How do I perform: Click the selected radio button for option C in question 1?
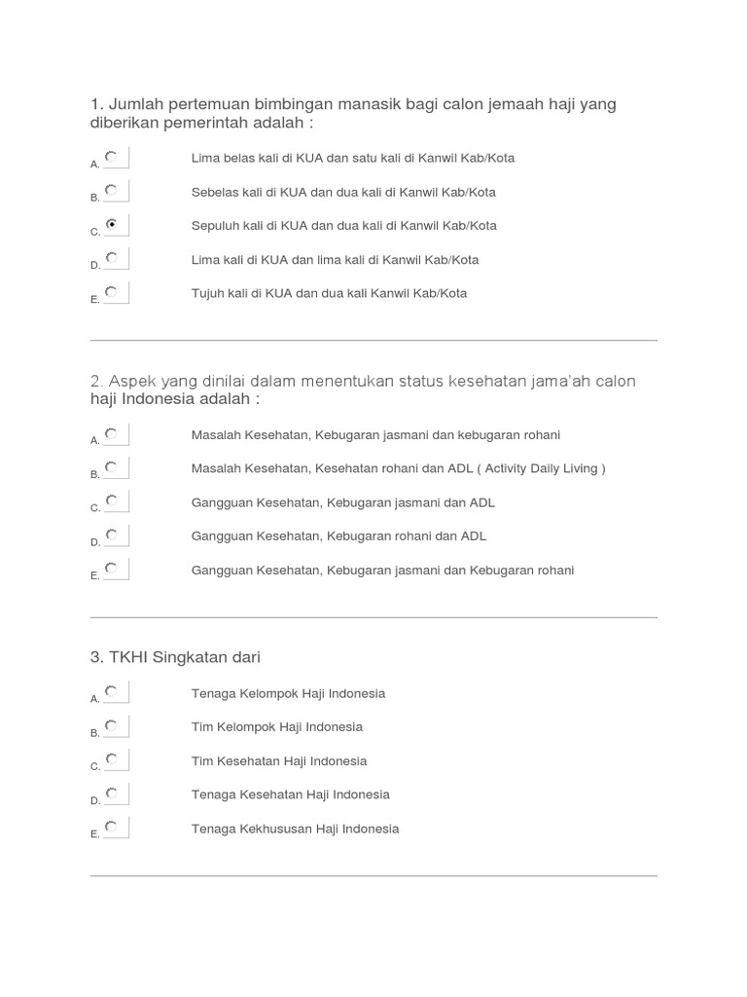point(112,224)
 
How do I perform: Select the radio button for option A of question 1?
point(112,156)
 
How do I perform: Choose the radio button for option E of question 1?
point(112,291)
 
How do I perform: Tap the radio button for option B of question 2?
point(112,467)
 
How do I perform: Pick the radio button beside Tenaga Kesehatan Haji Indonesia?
point(112,793)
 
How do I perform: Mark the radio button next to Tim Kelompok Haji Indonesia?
point(112,725)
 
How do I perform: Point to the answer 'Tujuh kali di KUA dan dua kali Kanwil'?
point(329,293)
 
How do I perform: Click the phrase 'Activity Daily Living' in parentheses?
point(541,468)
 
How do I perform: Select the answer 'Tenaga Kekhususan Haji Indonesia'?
point(295,829)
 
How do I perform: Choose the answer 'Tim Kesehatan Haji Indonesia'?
point(278,761)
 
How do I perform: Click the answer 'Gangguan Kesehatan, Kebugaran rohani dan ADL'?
point(338,536)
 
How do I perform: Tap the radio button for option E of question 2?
point(112,568)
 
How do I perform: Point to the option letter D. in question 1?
point(95,265)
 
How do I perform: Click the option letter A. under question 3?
point(95,698)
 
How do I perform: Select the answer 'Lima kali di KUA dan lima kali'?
point(335,260)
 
